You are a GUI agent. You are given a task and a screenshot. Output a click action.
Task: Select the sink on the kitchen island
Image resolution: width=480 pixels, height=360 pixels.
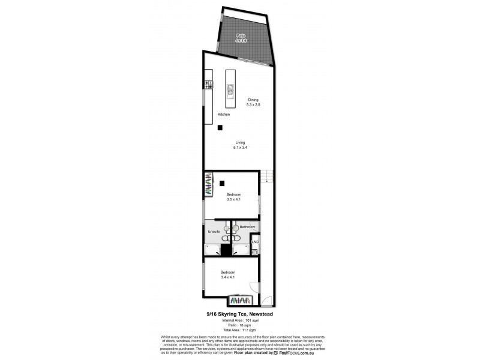pos(230,91)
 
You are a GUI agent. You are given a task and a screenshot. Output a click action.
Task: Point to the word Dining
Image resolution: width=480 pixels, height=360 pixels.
pos(253,100)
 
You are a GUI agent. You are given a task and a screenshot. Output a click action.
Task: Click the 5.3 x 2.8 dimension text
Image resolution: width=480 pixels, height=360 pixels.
pos(253,105)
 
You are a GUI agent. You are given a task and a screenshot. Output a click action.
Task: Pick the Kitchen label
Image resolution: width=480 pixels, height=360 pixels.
pos(224,114)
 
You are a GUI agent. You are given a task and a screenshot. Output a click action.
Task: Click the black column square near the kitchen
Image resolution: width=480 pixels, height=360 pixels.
pos(220,127)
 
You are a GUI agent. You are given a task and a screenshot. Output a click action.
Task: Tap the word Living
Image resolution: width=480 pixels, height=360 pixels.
pos(240,142)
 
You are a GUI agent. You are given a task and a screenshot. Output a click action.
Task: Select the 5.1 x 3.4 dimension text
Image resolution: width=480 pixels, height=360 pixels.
pos(240,147)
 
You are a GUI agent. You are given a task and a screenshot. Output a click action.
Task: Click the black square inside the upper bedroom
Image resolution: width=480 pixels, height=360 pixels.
pos(222,184)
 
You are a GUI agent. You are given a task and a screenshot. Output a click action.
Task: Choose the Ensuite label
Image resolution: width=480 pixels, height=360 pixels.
pos(214,231)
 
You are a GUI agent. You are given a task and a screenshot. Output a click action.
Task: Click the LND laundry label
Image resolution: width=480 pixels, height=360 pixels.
pos(255,242)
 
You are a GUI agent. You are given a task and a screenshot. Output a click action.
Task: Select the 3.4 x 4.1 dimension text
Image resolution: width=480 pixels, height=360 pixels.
pos(228,277)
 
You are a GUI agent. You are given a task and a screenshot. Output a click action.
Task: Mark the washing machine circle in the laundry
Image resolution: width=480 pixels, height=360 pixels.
pos(254,251)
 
